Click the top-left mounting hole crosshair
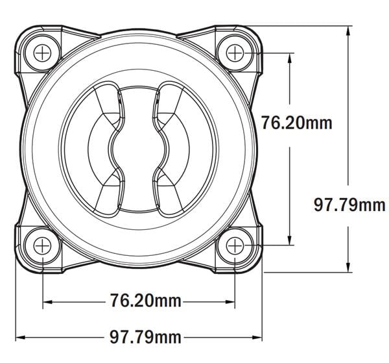(42, 53)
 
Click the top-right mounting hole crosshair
(235, 53)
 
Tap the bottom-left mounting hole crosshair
(42, 245)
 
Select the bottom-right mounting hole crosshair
(235, 245)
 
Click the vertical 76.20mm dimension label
(297, 123)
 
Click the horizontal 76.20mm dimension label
(146, 301)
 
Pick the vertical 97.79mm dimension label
(349, 205)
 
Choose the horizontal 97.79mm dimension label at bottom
(146, 338)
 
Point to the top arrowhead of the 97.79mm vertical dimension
(348, 31)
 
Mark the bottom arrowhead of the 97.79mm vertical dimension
(348, 268)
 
